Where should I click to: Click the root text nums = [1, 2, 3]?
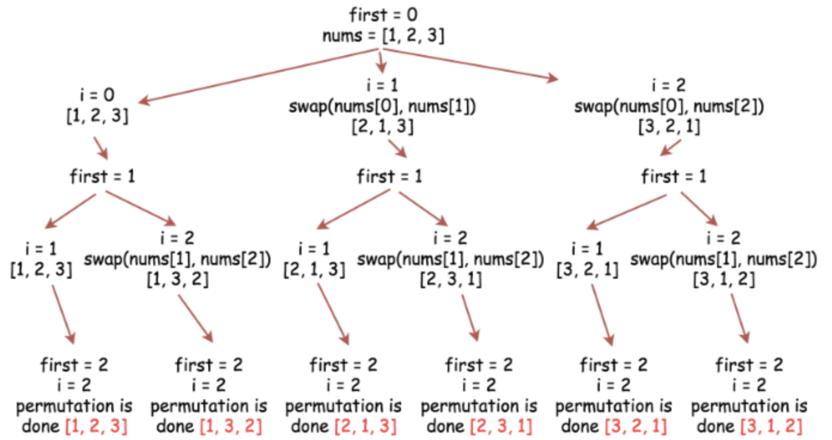pos(383,35)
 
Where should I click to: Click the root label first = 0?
pos(383,14)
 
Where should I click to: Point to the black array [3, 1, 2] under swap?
pos(724,279)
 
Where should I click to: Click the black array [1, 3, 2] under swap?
pos(178,279)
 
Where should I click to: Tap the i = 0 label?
pos(98,94)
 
